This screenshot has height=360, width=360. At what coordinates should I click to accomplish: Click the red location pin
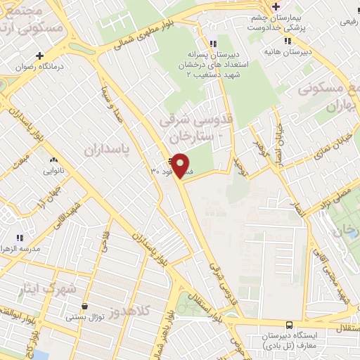181,166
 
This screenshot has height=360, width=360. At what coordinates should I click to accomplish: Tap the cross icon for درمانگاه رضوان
40,56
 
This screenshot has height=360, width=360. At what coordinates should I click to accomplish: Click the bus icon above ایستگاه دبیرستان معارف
290,324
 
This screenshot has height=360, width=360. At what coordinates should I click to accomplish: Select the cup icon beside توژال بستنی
85,307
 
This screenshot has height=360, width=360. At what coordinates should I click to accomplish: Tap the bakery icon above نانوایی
53,160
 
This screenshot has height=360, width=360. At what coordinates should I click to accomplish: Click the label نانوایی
55,171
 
